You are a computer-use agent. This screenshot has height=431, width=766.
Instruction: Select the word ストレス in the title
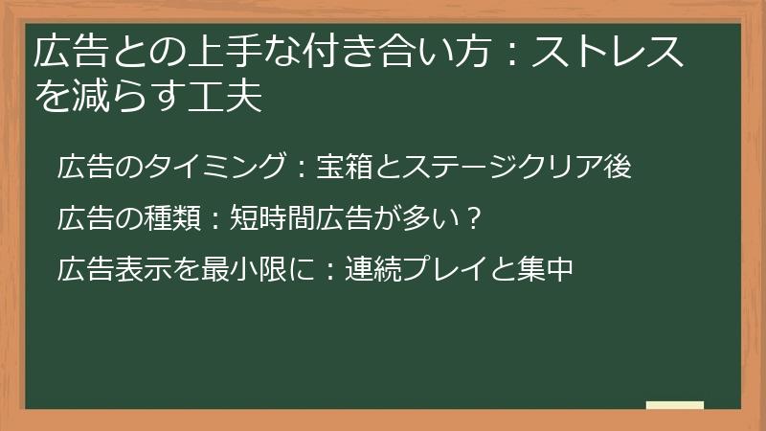pyautogui.click(x=607, y=53)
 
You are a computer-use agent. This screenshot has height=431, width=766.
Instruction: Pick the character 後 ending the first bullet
pyautogui.click(x=618, y=167)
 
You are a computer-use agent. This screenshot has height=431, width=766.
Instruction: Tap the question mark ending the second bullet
pyautogui.click(x=470, y=218)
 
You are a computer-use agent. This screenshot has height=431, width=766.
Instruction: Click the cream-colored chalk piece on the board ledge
pyautogui.click(x=674, y=405)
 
